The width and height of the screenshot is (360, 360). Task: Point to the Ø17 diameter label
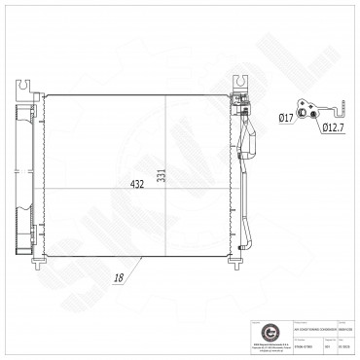coord(286,120)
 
